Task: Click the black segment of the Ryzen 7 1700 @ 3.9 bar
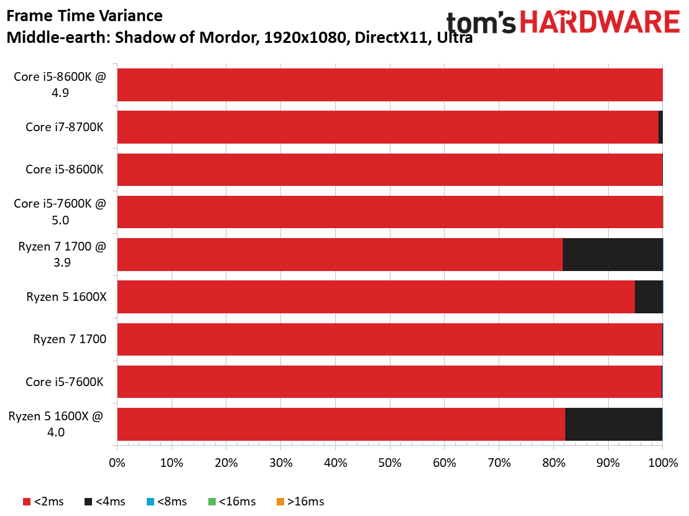click(x=613, y=255)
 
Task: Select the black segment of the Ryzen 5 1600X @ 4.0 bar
click(x=614, y=424)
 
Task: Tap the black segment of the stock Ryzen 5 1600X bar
click(x=649, y=297)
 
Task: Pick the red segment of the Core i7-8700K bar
click(x=388, y=127)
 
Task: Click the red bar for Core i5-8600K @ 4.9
click(x=390, y=85)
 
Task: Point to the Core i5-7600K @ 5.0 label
click(x=60, y=211)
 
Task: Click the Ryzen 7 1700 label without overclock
click(x=70, y=339)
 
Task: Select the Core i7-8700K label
click(x=65, y=127)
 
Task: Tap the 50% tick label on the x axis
click(x=390, y=463)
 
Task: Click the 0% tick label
click(x=117, y=463)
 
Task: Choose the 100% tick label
click(x=663, y=463)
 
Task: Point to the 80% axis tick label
click(x=553, y=463)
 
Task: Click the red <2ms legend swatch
click(x=27, y=502)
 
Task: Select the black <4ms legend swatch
click(x=88, y=502)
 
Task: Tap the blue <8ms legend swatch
click(x=150, y=502)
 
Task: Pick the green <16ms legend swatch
click(x=212, y=502)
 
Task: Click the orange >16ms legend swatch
click(x=280, y=502)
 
